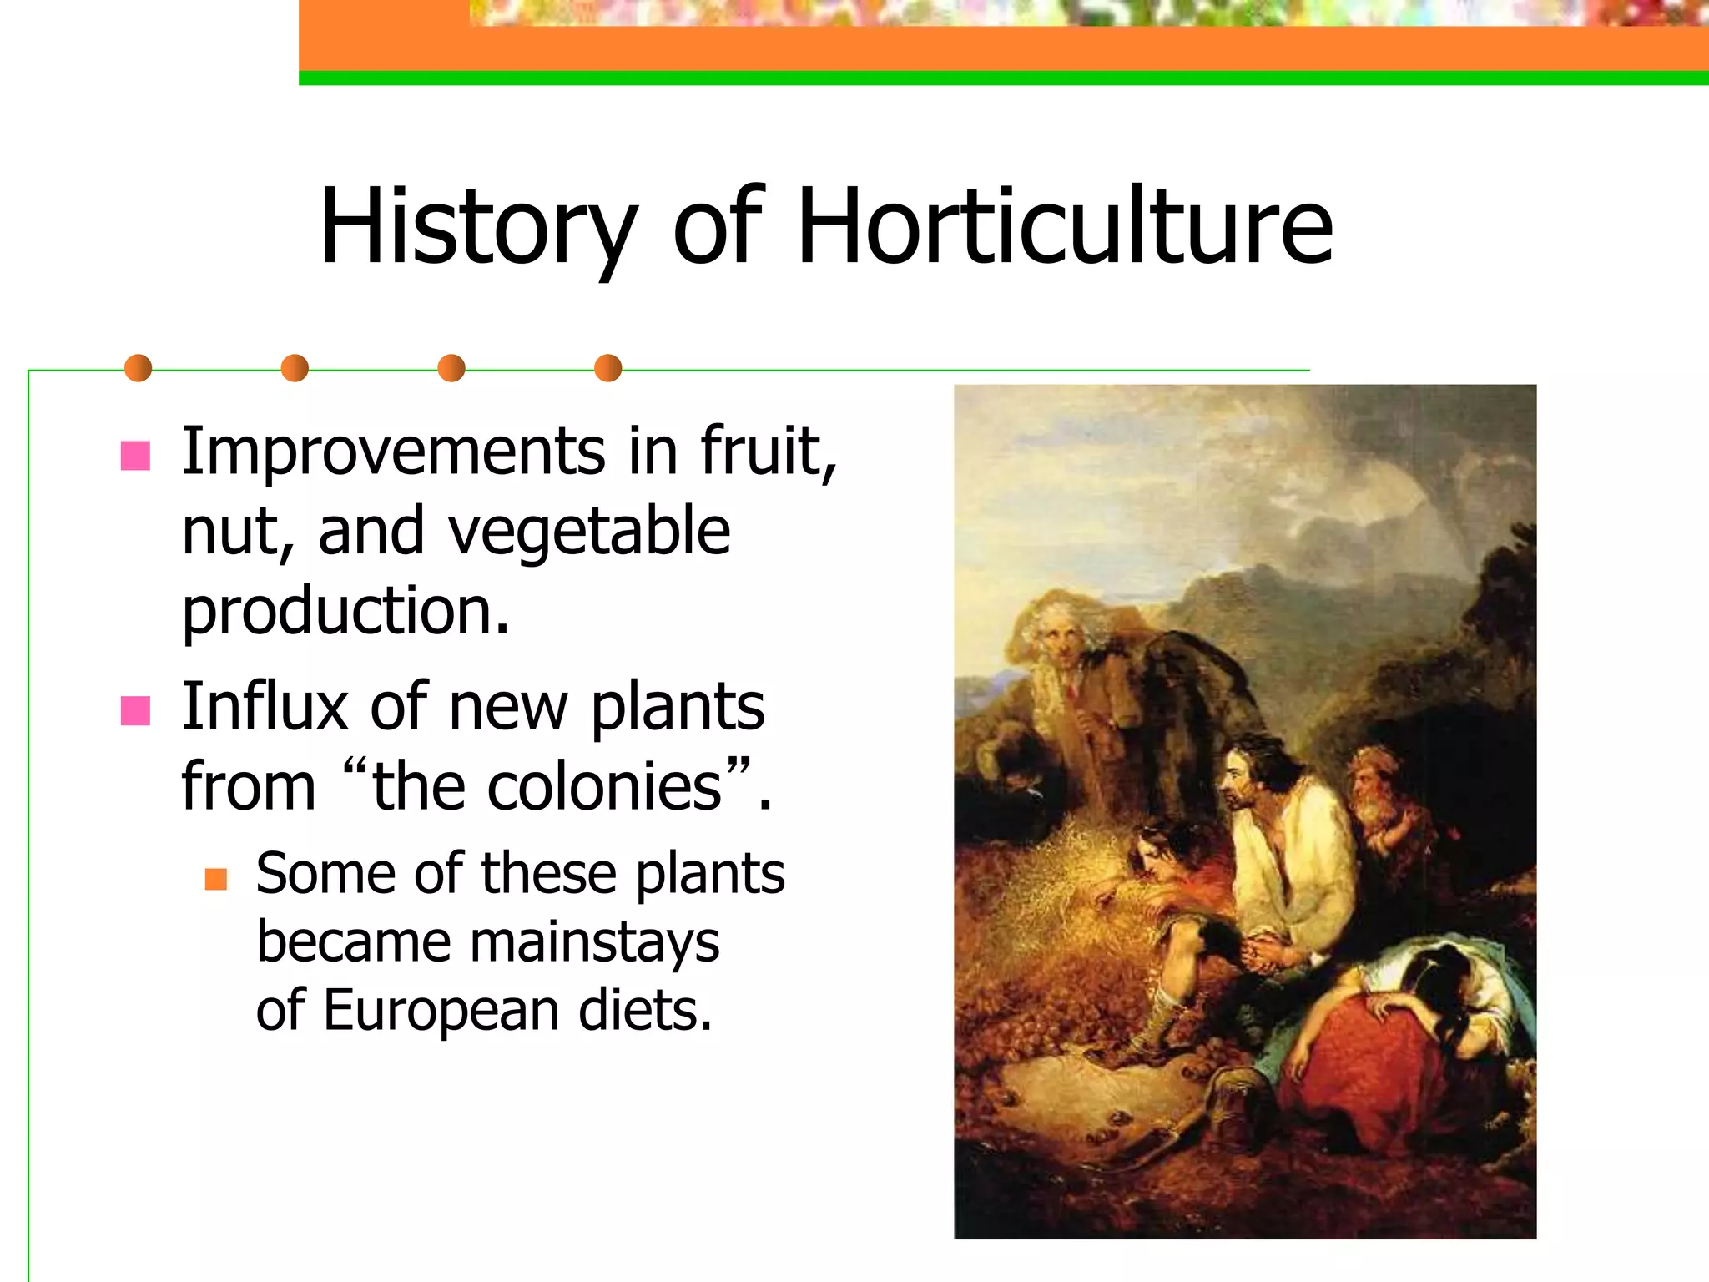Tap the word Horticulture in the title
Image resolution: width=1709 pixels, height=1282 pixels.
pos(1065,227)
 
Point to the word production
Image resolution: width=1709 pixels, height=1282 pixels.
pos(345,611)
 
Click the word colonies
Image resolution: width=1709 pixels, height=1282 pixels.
pos(604,786)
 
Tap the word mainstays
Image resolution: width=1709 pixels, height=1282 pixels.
pos(594,941)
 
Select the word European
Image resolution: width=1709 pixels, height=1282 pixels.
pos(440,1010)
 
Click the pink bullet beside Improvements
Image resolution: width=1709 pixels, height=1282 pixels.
pos(135,456)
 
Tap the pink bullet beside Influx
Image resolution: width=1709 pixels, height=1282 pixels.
pos(135,711)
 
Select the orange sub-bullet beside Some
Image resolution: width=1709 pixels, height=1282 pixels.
pos(216,879)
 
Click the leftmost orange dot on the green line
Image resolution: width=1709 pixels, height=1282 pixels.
pos(138,368)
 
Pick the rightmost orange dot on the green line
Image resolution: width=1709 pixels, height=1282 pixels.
pos(608,368)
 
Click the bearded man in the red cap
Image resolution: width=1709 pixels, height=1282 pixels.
pos(1375,793)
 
